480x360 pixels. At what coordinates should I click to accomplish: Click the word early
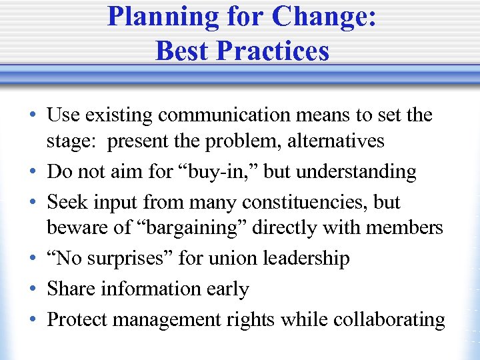click(228, 289)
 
